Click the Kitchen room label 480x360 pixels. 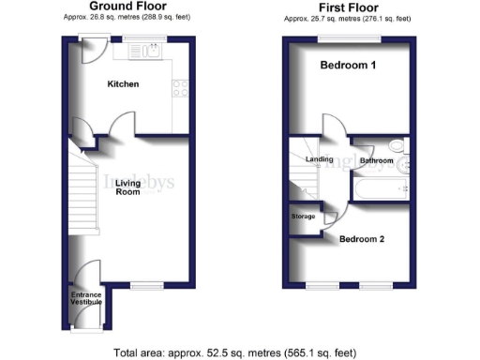(x=123, y=84)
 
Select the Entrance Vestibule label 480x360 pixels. (x=87, y=299)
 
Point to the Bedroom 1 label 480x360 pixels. (x=348, y=66)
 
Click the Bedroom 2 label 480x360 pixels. (x=362, y=239)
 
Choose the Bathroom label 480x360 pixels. (x=377, y=161)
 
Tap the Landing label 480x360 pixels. (x=320, y=159)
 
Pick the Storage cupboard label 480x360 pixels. (x=303, y=217)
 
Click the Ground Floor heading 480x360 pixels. (x=122, y=7)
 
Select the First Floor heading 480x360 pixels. (x=348, y=7)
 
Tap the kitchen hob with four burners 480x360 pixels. (x=179, y=91)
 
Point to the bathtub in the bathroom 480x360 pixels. (x=380, y=192)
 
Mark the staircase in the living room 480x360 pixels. (x=83, y=191)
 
